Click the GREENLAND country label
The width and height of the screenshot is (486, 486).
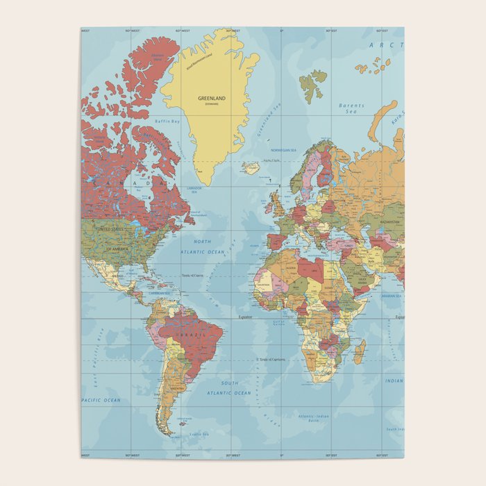[x=212, y=99]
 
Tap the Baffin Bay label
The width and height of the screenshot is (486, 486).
[x=168, y=121]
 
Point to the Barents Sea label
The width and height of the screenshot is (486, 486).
[x=351, y=108]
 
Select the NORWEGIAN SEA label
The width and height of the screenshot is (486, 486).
[x=283, y=151]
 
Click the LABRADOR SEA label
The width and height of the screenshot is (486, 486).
[x=195, y=190]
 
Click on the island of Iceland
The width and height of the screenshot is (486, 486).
[x=251, y=167]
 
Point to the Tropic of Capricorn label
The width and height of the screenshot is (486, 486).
[x=271, y=360]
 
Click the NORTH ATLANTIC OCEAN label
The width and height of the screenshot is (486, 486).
[x=203, y=246]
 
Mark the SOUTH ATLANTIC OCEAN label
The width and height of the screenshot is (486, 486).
[x=231, y=388]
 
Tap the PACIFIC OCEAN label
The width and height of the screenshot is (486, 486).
[x=101, y=401]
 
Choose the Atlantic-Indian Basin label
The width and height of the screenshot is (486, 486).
[x=315, y=419]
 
